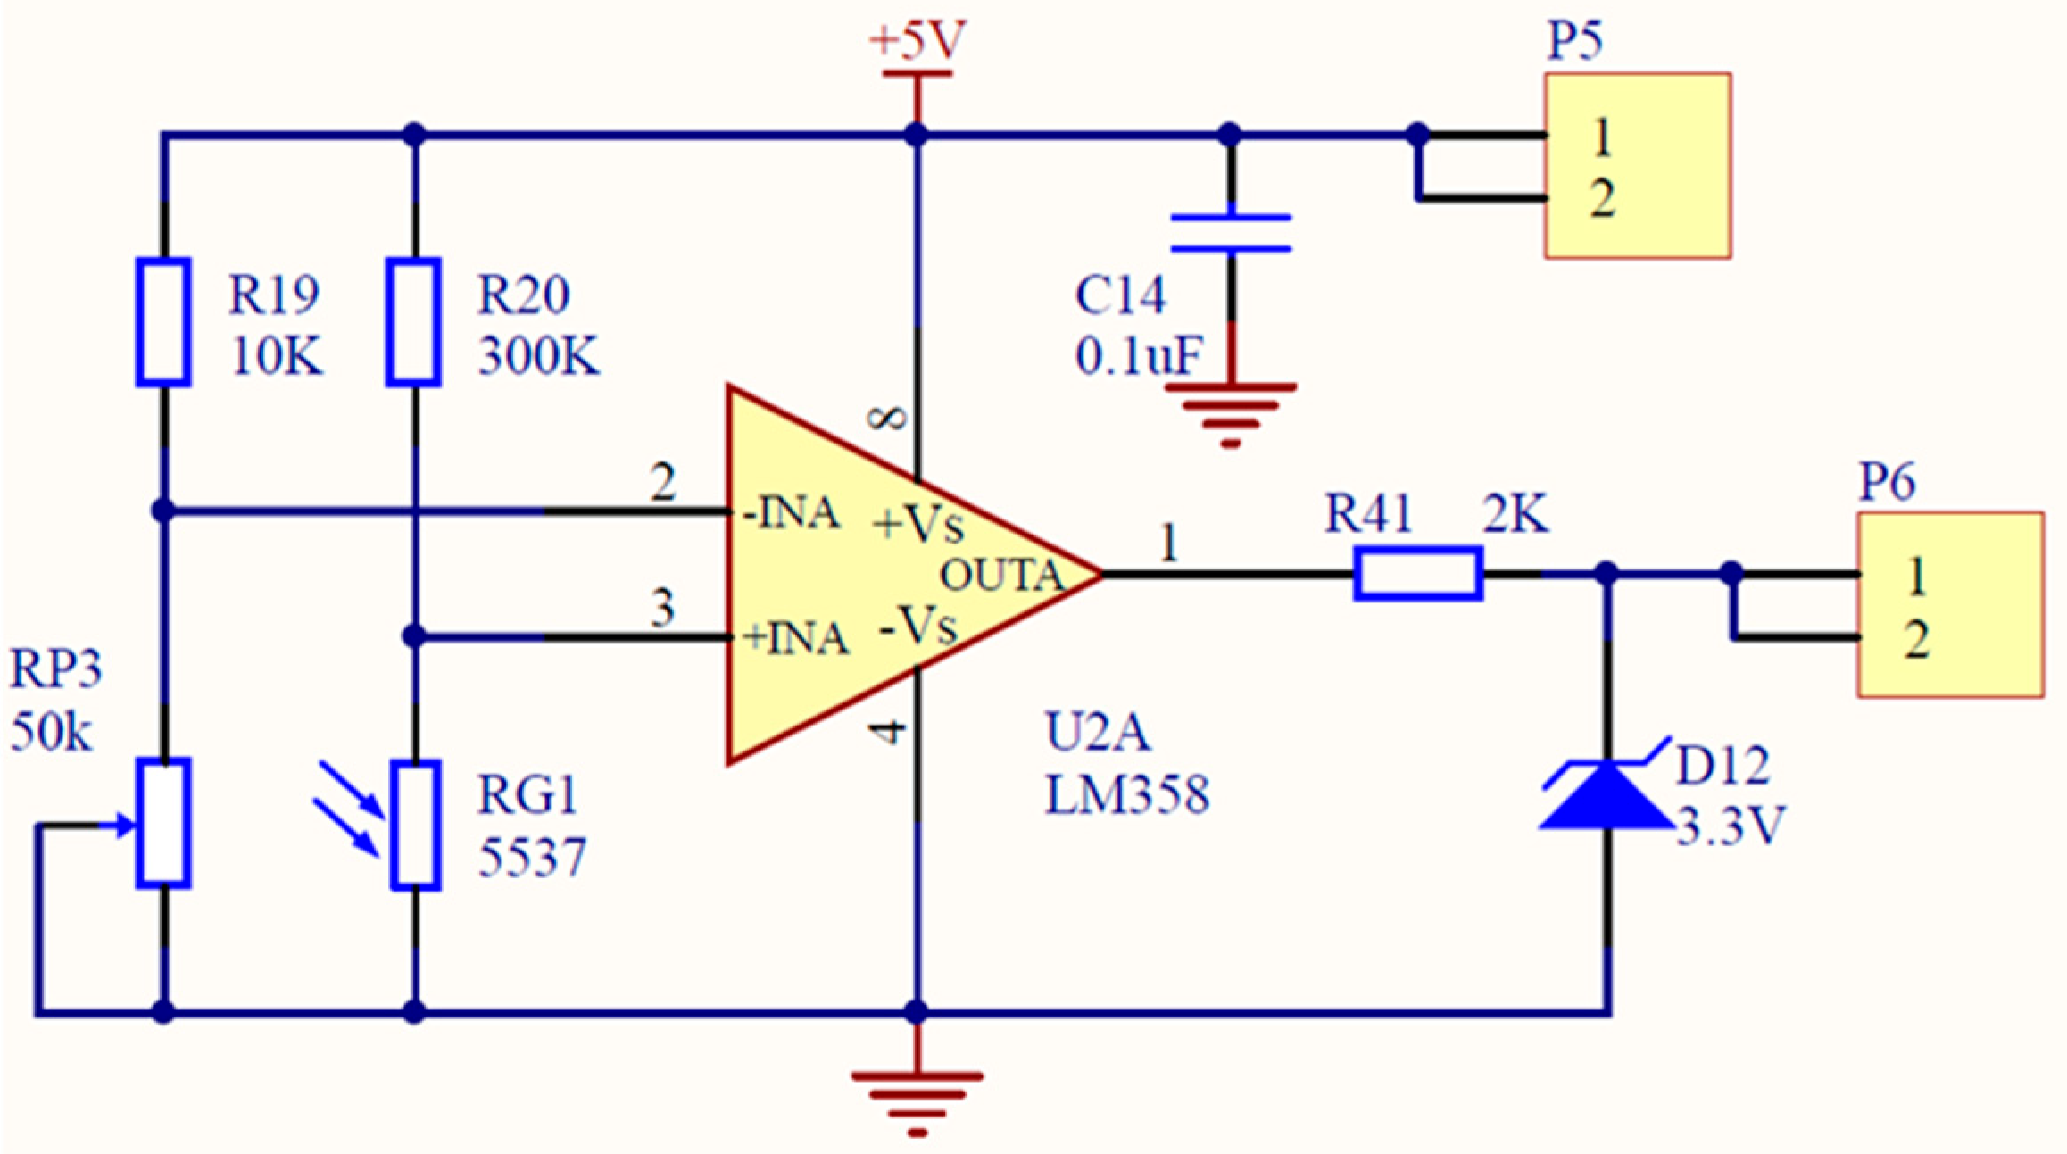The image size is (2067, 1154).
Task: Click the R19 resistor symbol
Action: click(163, 322)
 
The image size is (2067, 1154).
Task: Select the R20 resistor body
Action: click(413, 322)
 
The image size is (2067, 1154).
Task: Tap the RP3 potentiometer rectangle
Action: click(163, 823)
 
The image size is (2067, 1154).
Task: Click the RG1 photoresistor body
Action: click(416, 825)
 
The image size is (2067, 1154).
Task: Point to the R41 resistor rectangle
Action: click(1418, 573)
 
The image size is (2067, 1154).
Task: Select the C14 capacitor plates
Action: click(1231, 233)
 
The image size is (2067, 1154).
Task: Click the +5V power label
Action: click(917, 41)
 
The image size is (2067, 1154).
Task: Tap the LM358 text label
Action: click(1126, 794)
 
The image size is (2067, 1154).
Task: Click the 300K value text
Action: click(538, 356)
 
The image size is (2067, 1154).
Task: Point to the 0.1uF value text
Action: click(1139, 356)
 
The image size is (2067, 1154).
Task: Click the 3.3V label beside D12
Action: click(1730, 826)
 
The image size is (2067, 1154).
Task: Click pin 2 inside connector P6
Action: click(1916, 639)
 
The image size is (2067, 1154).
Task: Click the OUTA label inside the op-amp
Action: click(1001, 576)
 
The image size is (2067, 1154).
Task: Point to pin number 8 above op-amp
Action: click(889, 418)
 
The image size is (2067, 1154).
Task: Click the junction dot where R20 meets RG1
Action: click(414, 636)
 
